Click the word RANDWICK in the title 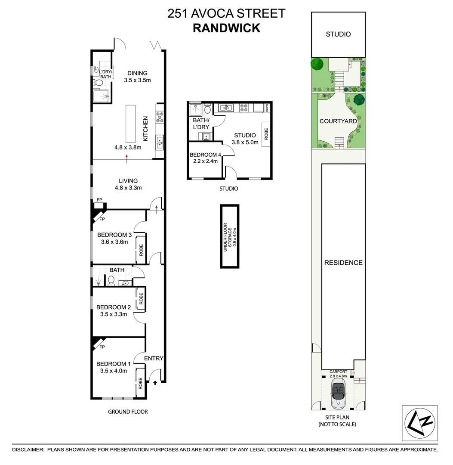[x=226, y=28]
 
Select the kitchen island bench [x=130, y=123]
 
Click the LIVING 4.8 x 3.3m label [x=128, y=184]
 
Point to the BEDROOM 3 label [x=114, y=235]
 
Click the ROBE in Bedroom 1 [x=140, y=383]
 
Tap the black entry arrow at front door [x=154, y=382]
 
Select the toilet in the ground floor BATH [x=111, y=281]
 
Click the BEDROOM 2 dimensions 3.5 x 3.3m [x=114, y=314]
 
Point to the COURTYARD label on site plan [x=338, y=121]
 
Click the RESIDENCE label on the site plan [x=343, y=263]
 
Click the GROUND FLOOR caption [x=128, y=412]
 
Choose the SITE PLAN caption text [x=338, y=418]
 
